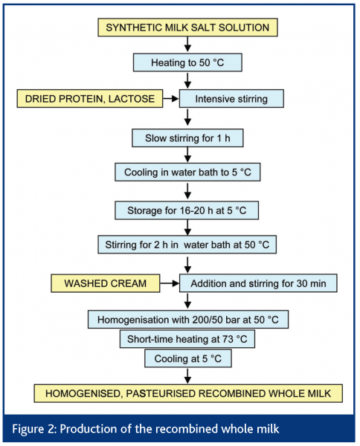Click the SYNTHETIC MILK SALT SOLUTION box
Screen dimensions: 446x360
[188, 28]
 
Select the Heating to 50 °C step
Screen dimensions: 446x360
[188, 63]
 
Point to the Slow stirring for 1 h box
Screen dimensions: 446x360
[188, 138]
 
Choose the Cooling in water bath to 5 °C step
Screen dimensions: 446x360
[188, 172]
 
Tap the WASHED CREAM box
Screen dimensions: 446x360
[112, 282]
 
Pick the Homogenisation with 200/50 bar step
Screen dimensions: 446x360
[188, 320]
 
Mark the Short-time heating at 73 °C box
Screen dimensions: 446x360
[188, 339]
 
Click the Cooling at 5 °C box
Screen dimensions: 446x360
[188, 358]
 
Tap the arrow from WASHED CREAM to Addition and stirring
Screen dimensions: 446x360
[172, 282]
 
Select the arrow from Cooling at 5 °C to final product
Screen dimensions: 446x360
[188, 375]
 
